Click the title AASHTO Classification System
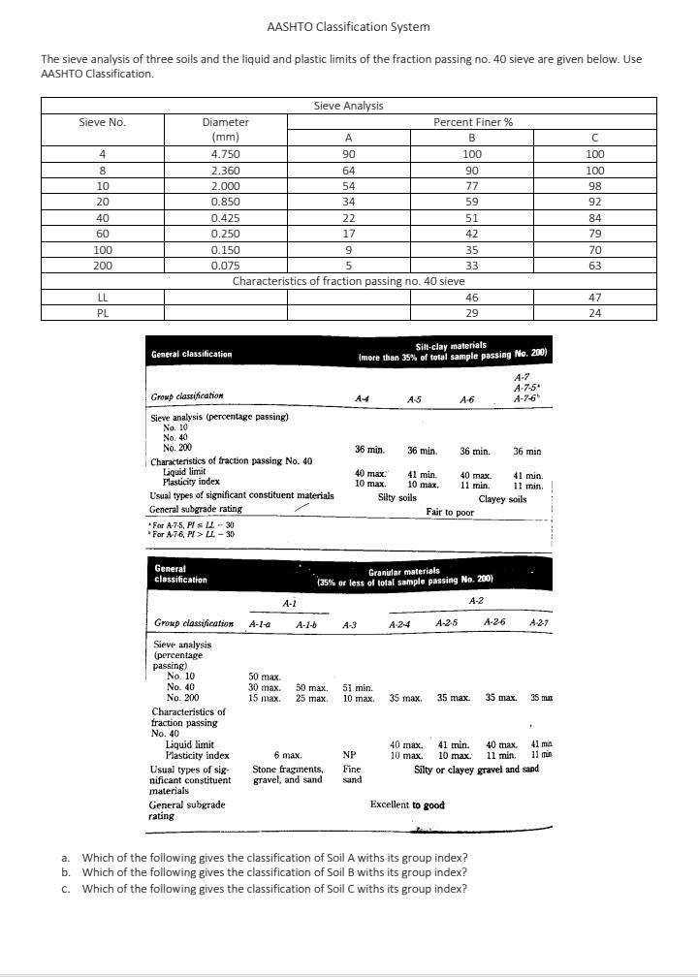pos(348,26)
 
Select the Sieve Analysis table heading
pos(348,106)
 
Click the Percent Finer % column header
pos(472,122)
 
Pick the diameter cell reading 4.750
pos(225,154)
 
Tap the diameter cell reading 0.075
pos(225,266)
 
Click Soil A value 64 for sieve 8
pos(349,171)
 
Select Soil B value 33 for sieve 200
pos(472,266)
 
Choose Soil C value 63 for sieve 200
pos(595,266)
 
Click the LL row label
pos(102,298)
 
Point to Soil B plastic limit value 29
pos(472,313)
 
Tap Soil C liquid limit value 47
pos(595,298)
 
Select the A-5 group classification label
pos(414,397)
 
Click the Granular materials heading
pos(404,572)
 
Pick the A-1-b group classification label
pos(308,625)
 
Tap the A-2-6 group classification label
pos(495,621)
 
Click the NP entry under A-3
pos(350,755)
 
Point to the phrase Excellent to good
pos(407,804)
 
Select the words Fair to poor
pos(450,511)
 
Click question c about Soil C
pos(274,889)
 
